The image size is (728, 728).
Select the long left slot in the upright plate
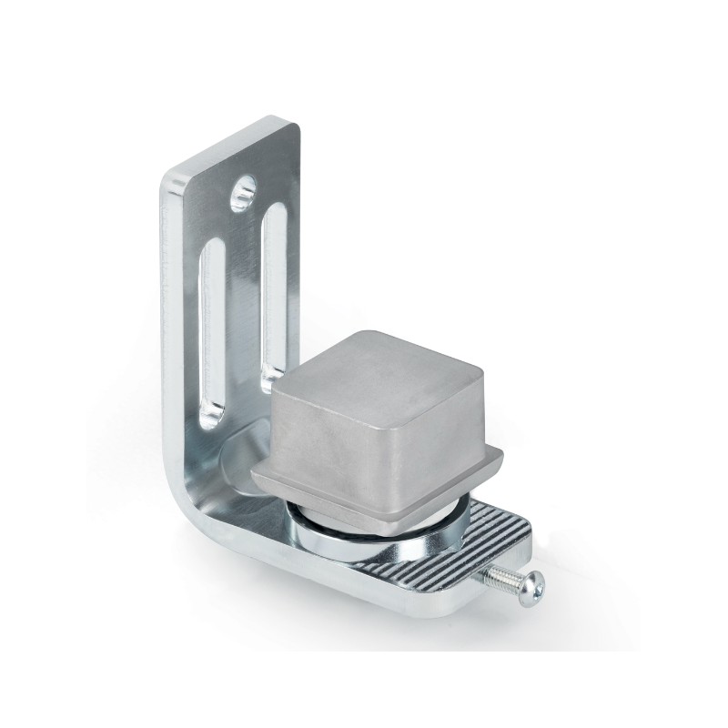tap(212, 328)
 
